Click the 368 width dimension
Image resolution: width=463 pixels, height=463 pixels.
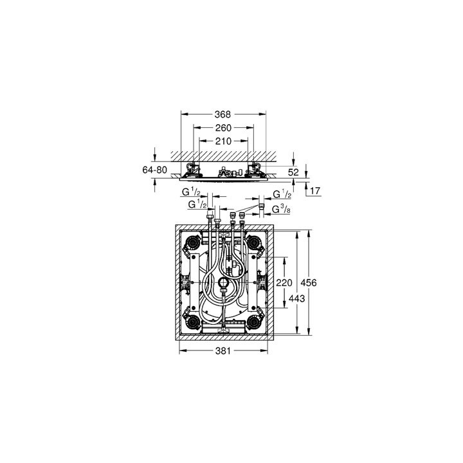[222, 114]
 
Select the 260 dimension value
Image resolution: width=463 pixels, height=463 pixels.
[222, 127]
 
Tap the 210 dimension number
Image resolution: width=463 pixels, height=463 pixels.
[222, 140]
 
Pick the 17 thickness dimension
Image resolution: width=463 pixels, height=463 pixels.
[314, 191]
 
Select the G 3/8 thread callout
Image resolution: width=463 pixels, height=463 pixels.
[280, 210]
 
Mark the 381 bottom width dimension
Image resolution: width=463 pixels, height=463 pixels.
[222, 351]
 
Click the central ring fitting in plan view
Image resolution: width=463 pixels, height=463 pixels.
[223, 283]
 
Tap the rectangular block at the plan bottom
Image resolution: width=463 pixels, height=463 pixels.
[223, 326]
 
